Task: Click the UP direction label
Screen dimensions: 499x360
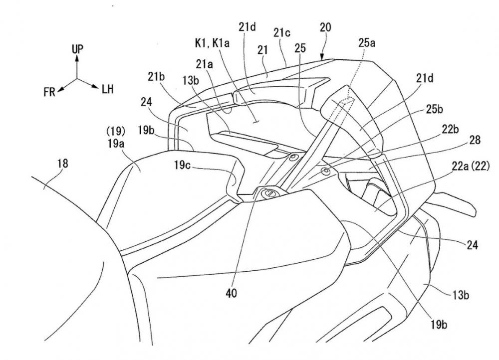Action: [x=77, y=49]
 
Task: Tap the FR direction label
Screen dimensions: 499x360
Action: [x=49, y=92]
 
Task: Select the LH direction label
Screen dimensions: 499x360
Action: [x=108, y=89]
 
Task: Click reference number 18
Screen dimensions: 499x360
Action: [x=63, y=164]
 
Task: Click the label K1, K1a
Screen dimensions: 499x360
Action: [x=212, y=43]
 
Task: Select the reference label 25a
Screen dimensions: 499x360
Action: [x=367, y=42]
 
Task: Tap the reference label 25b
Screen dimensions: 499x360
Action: [x=435, y=109]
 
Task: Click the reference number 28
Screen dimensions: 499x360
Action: [x=475, y=140]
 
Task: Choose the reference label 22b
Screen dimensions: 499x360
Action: [x=450, y=130]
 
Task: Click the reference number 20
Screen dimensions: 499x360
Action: [x=325, y=27]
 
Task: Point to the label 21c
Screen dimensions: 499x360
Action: [x=282, y=33]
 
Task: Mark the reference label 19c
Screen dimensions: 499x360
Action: [x=182, y=166]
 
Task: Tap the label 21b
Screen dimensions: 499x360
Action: [x=156, y=77]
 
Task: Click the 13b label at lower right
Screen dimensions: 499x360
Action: [x=461, y=296]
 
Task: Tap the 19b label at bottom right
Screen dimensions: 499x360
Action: [x=440, y=325]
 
